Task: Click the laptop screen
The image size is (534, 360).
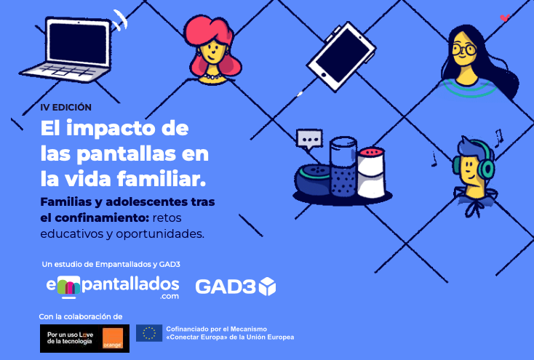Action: point(79,44)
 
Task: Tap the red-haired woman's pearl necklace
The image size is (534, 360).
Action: point(212,75)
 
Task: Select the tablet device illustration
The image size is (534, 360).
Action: point(342,56)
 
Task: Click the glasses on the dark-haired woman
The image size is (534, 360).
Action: point(464,49)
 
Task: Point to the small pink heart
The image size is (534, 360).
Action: point(505,17)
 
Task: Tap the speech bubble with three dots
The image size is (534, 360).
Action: point(309,139)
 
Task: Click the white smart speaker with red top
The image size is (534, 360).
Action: point(371,172)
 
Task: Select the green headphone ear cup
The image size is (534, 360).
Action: point(487,167)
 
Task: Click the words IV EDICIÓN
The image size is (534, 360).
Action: point(66,108)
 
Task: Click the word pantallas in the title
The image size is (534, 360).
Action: point(126,154)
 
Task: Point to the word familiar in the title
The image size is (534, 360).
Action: point(162,179)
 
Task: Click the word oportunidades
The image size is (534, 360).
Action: point(160,234)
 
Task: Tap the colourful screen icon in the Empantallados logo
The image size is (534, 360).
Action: point(68,287)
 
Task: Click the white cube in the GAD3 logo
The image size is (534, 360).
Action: point(267,287)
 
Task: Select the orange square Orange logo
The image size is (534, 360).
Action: point(112,338)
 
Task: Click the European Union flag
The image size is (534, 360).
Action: point(149,333)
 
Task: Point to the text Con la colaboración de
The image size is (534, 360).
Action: point(81,316)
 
